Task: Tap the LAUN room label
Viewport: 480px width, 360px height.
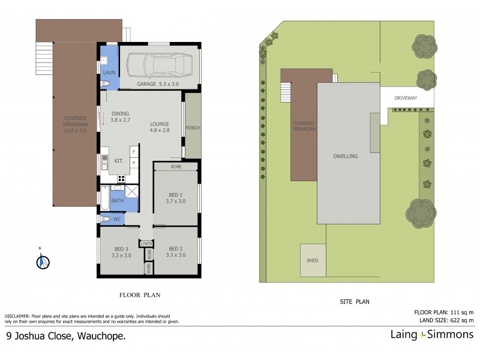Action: (x=109, y=73)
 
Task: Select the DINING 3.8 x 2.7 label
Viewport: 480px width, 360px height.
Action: (x=119, y=117)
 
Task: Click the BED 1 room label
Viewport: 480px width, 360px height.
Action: (x=175, y=197)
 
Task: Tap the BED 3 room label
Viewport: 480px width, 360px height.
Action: (x=121, y=252)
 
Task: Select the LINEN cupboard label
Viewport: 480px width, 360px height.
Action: (x=146, y=244)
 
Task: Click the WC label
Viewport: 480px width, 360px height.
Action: (x=118, y=220)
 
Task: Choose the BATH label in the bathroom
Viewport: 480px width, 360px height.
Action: (x=118, y=200)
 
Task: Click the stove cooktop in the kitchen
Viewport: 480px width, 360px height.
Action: (x=121, y=178)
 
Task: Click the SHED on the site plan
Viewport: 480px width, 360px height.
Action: (x=313, y=261)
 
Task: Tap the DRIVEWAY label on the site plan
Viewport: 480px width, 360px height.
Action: (x=406, y=97)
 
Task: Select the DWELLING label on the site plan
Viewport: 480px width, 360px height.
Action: (x=346, y=156)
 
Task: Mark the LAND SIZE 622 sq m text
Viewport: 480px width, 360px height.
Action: (x=443, y=320)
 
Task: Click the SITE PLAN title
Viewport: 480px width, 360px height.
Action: (x=356, y=303)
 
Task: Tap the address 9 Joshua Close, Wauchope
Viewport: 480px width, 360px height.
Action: (x=65, y=337)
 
